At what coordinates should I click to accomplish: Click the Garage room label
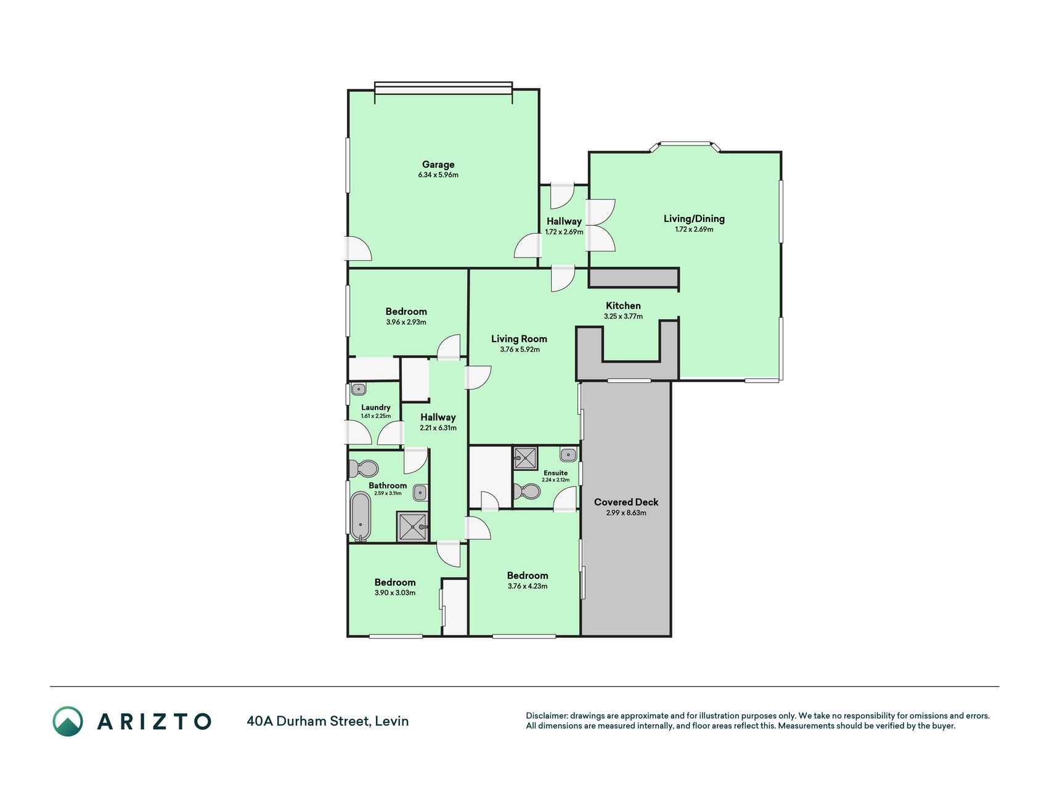tap(438, 165)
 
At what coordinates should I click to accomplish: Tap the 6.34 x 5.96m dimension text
tap(438, 175)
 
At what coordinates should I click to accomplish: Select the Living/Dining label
tap(694, 219)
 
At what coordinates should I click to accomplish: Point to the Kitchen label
tap(623, 306)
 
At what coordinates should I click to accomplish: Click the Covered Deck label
tap(626, 502)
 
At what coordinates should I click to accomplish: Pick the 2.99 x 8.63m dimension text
tap(626, 513)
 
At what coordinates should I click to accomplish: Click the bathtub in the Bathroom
tap(361, 517)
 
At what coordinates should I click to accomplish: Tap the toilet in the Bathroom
tap(364, 469)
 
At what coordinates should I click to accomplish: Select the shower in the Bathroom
tap(412, 527)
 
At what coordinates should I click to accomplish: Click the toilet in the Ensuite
tap(526, 492)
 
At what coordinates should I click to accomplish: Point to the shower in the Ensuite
tap(525, 458)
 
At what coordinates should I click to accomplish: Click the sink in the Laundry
tap(359, 390)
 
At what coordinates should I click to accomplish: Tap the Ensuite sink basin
tap(568, 455)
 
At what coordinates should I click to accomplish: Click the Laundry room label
tap(376, 407)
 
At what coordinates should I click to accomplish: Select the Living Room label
tap(519, 339)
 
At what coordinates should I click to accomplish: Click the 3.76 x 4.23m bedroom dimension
tap(528, 586)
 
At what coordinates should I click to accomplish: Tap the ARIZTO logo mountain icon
tap(68, 721)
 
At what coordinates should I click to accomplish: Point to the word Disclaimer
tap(547, 716)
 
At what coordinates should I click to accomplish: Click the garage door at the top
tap(443, 88)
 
